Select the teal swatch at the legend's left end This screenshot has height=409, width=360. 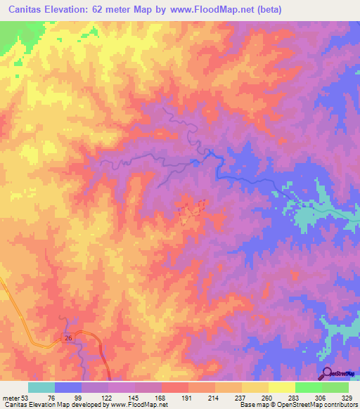[41, 387]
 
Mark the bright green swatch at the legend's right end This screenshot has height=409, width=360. [335, 387]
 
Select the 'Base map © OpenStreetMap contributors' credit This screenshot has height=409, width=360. [297, 405]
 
